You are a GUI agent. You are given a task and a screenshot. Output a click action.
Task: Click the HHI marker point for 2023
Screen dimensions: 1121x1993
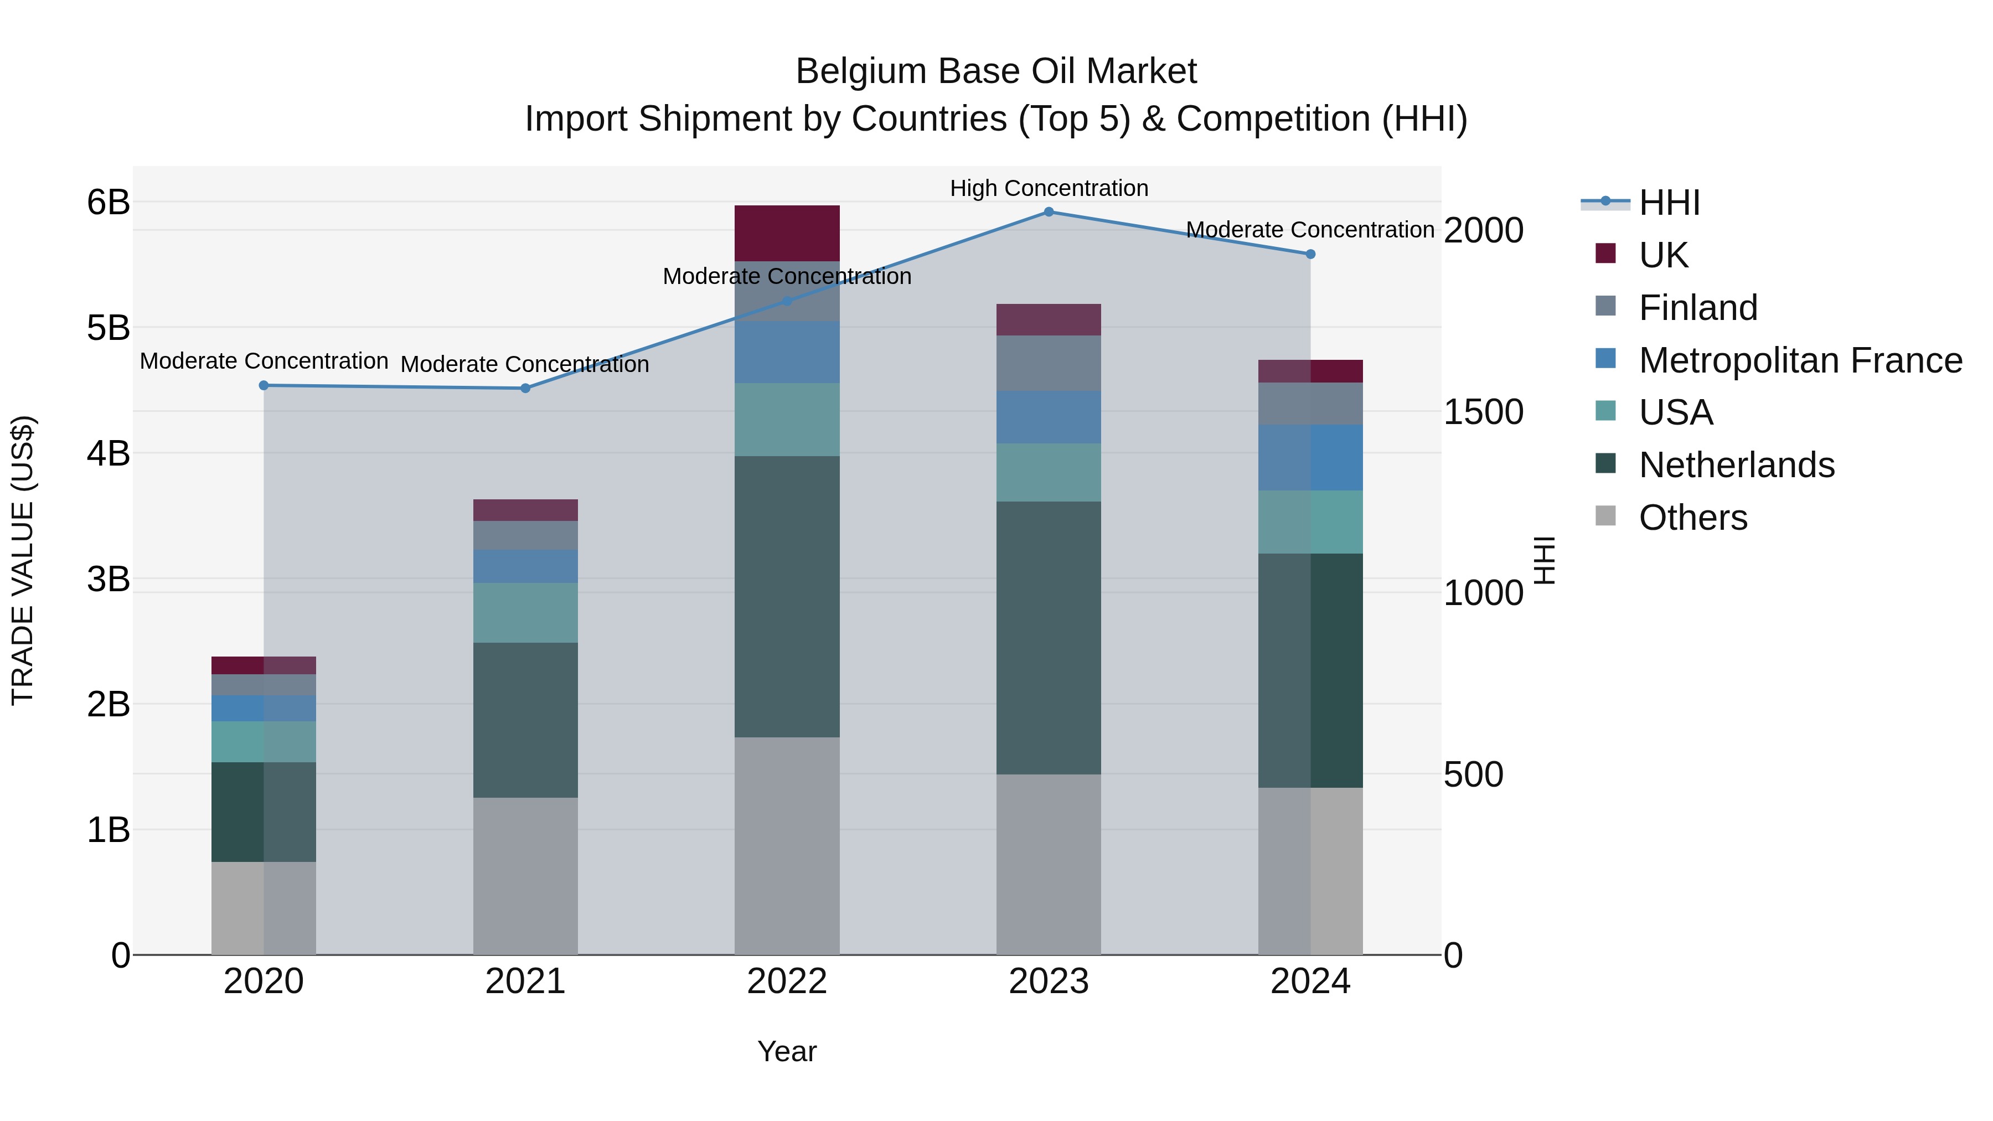coord(1049,212)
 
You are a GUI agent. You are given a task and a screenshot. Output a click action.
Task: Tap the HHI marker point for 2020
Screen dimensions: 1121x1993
coord(264,385)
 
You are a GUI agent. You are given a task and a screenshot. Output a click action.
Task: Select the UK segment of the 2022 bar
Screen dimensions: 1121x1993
coord(787,233)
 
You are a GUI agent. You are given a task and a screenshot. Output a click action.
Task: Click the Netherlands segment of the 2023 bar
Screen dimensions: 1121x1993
coord(1049,638)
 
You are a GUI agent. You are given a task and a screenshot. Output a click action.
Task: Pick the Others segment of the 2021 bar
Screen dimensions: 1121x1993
coord(525,876)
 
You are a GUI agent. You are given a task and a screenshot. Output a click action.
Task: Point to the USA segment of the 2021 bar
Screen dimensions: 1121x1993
coord(525,613)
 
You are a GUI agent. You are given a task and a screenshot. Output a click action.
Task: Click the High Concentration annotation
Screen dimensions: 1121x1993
coord(1049,189)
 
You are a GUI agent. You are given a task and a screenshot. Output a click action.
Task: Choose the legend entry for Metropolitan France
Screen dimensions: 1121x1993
coord(1800,360)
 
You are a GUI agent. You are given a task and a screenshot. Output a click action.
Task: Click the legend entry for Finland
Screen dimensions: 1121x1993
coord(1697,308)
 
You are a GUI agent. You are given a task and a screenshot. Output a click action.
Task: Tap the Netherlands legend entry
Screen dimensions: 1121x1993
coord(1736,466)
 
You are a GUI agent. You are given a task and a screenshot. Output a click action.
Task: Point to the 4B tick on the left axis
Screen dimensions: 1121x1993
coord(109,453)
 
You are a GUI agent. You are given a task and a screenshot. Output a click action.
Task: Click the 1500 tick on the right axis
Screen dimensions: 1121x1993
coord(1483,412)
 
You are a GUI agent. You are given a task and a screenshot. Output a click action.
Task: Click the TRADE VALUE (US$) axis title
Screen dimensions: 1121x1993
coord(23,560)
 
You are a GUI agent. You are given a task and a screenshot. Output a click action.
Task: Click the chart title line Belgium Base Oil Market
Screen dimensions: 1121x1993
coord(996,72)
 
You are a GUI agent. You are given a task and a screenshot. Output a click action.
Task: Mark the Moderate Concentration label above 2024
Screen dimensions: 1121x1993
coord(1310,230)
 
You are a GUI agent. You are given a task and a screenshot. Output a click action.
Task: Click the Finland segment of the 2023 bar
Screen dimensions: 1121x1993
coord(1049,364)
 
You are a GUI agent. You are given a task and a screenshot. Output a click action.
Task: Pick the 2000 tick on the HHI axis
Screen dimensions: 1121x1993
coord(1483,230)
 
